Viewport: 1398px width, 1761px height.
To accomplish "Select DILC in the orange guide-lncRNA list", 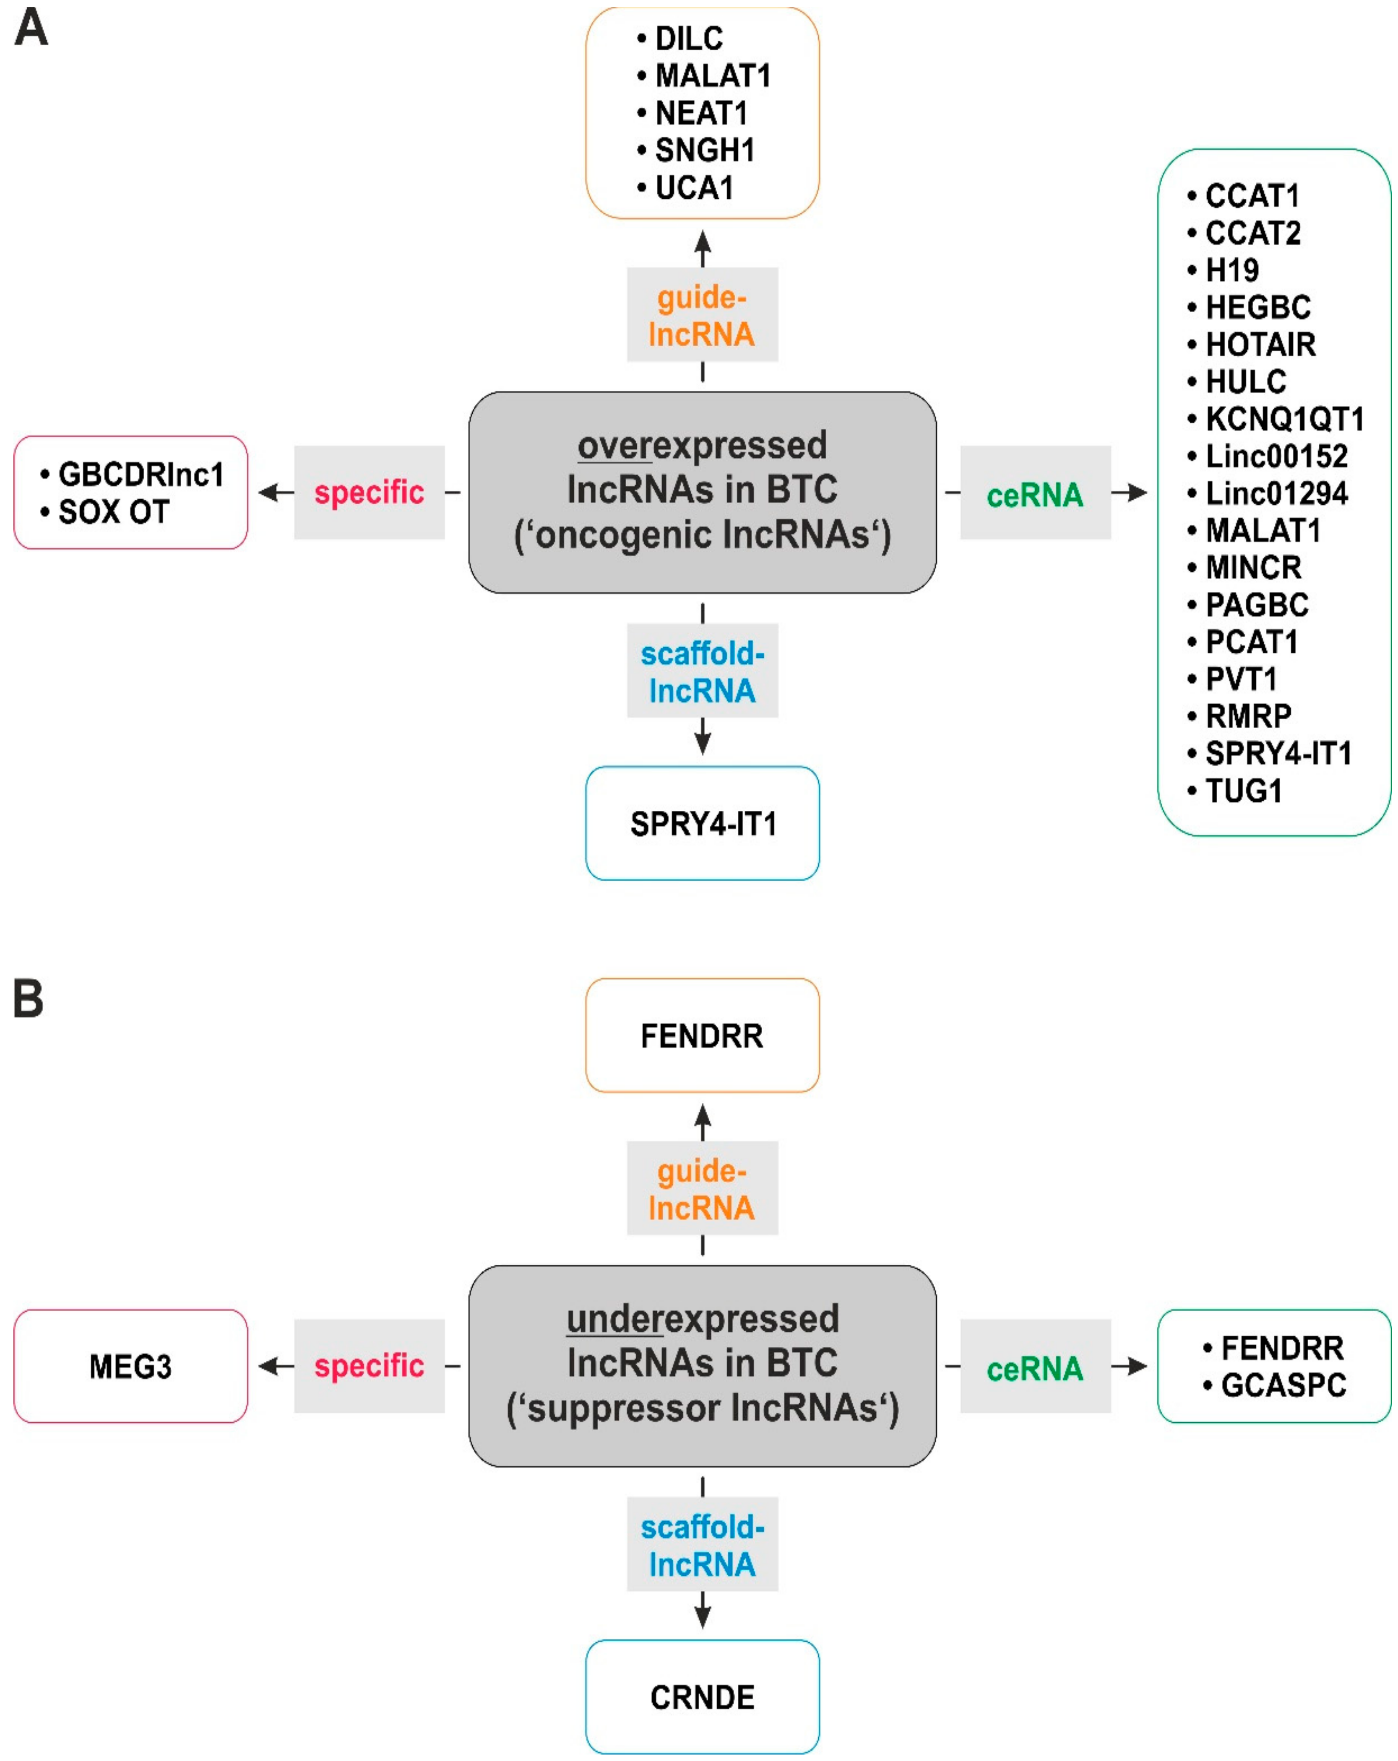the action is point(689,39).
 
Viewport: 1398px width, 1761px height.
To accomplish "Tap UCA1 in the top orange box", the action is point(694,188).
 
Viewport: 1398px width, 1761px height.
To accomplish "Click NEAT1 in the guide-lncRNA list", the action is point(701,113).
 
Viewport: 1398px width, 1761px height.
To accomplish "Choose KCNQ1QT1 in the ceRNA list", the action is point(1284,419).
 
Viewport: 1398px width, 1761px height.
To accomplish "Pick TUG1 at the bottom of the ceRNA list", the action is point(1244,791).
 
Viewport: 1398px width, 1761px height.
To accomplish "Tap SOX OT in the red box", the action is point(114,512).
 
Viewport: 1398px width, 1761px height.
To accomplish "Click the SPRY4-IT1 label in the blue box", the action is point(703,824).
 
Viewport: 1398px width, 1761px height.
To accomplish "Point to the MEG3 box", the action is point(131,1366).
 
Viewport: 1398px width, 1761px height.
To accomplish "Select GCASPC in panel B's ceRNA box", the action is point(1283,1385).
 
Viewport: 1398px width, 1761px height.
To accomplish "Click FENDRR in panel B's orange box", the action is point(702,1036).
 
